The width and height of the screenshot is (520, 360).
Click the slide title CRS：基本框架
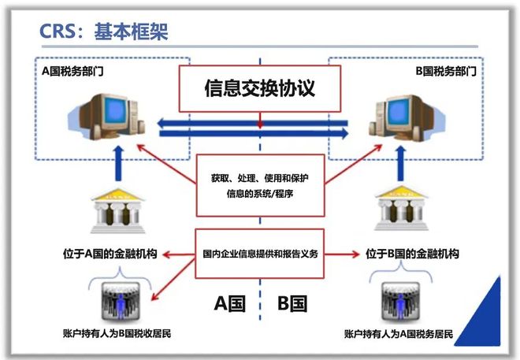pos(104,32)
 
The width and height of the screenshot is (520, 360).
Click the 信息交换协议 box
pos(259,87)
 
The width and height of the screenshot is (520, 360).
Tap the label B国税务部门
pos(446,71)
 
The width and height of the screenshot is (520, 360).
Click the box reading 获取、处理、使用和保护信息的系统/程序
pos(259,186)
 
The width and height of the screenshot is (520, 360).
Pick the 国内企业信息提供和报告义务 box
pos(259,254)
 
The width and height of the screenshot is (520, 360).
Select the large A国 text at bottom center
pos(229,303)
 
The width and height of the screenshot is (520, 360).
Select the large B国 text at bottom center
pos(292,303)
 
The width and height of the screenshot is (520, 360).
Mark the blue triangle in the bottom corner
pos(488,319)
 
